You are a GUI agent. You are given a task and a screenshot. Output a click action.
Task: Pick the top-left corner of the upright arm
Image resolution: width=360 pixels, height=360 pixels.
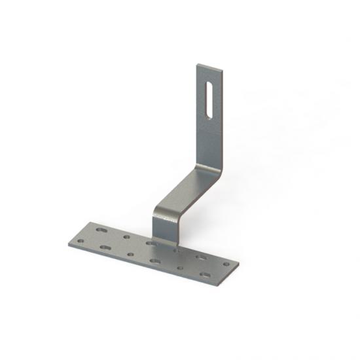click(x=198, y=63)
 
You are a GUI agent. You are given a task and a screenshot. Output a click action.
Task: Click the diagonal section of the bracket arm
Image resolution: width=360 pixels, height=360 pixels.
click(x=187, y=190)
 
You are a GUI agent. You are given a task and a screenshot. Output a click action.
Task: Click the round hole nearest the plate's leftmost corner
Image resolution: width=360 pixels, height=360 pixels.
click(x=81, y=240)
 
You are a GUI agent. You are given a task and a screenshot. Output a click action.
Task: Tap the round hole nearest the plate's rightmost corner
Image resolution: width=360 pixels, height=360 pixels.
click(x=226, y=265)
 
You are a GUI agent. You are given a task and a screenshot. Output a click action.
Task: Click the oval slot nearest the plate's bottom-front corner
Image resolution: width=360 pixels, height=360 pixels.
click(x=205, y=275)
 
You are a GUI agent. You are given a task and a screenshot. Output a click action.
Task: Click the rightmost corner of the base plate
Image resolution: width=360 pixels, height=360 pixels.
click(x=239, y=266)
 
